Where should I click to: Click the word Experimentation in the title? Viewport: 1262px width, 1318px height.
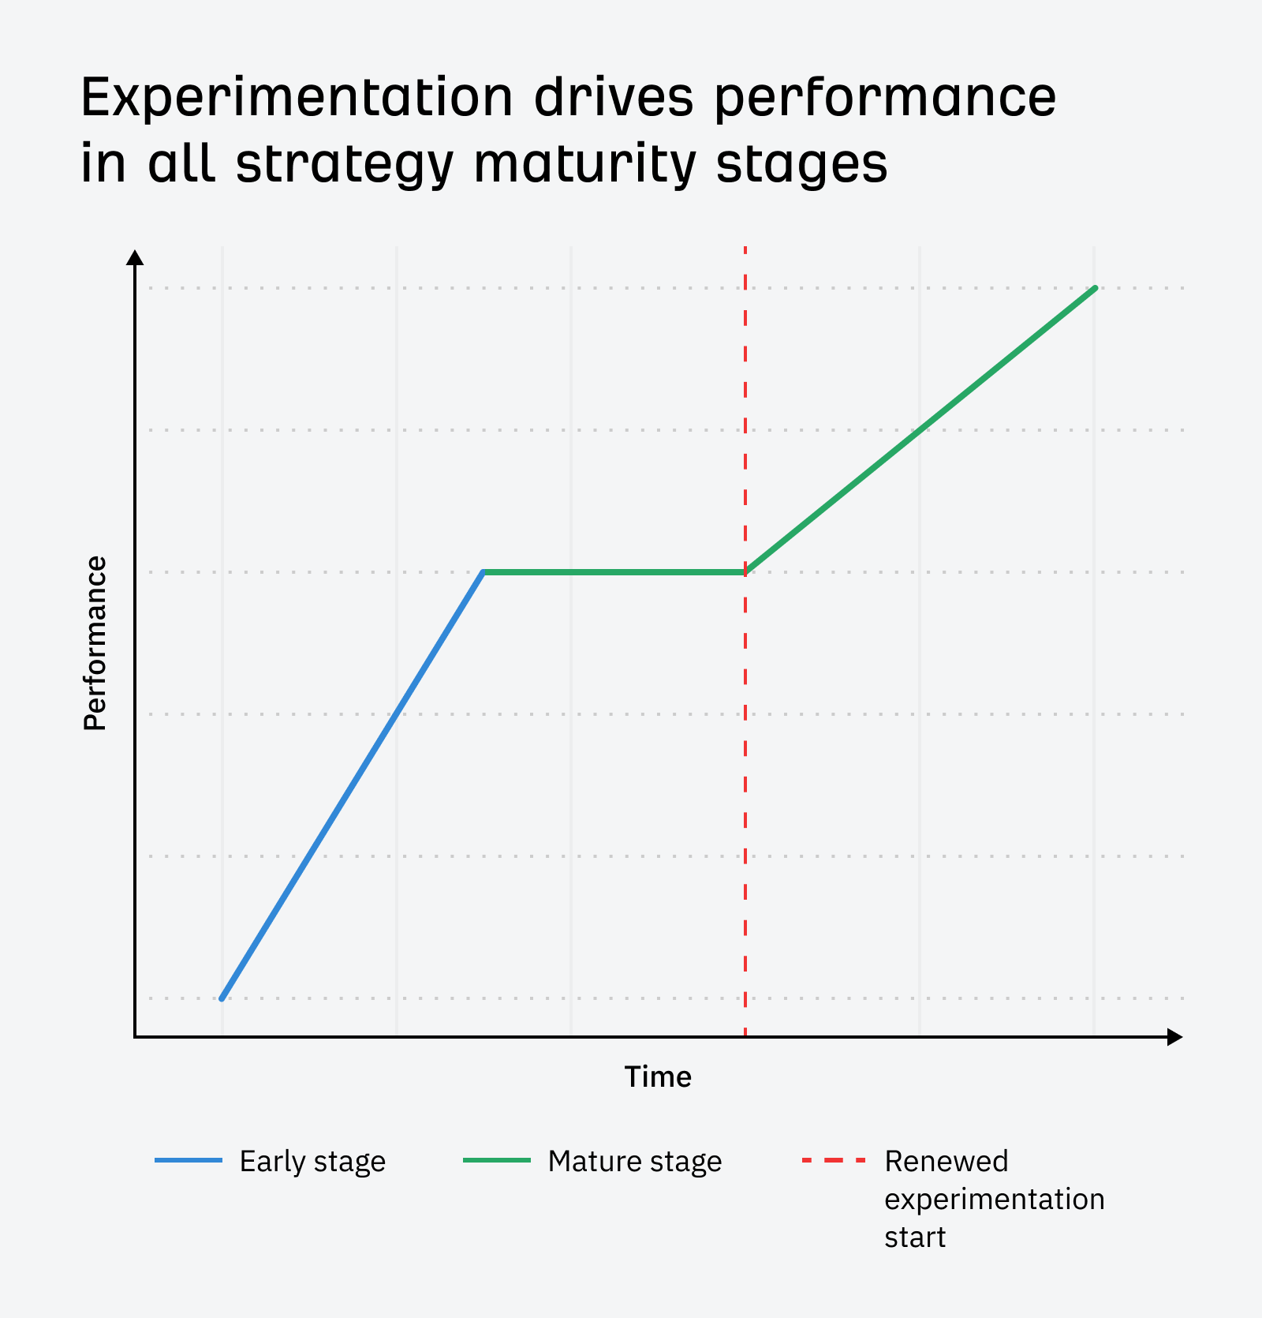(297, 98)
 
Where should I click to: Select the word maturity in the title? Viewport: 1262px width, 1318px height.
(585, 164)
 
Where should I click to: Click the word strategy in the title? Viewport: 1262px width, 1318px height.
(345, 164)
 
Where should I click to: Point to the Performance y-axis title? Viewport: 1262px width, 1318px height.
(95, 643)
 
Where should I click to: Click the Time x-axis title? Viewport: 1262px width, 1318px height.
(658, 1076)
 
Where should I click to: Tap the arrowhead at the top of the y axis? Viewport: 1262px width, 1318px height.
(136, 258)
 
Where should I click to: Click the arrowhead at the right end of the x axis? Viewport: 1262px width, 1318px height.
(1174, 1037)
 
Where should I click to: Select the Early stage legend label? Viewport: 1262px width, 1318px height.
(312, 1161)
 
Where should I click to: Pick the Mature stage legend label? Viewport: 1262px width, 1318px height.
(635, 1161)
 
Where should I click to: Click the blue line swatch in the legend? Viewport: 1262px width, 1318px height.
(189, 1160)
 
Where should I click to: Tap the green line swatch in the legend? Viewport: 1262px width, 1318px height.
(496, 1160)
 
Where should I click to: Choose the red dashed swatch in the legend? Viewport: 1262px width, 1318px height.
(833, 1160)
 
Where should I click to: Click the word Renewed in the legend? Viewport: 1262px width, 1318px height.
(946, 1161)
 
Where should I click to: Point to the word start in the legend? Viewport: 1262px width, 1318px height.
(915, 1237)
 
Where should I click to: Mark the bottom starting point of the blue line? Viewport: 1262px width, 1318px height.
(222, 998)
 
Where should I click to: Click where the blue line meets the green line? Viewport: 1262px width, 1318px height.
(484, 572)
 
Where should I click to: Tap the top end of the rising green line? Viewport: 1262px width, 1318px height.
(1095, 289)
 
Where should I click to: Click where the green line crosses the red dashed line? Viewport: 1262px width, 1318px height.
(745, 572)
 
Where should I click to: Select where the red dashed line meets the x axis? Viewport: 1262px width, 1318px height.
(745, 1036)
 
